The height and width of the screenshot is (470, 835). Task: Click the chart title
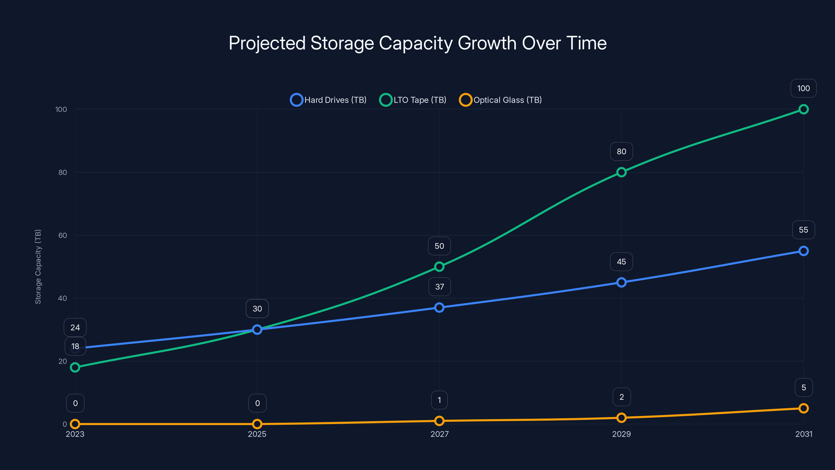click(x=417, y=43)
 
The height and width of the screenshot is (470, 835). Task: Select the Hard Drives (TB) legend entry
click(x=328, y=100)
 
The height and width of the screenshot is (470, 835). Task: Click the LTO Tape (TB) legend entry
click(x=413, y=100)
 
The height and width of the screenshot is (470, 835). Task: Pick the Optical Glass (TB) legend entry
click(x=500, y=100)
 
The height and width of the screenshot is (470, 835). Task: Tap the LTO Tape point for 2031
click(x=803, y=109)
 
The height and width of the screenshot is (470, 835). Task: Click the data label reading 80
click(x=621, y=151)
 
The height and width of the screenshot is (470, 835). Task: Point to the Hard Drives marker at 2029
click(x=621, y=283)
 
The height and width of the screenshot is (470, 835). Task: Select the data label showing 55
click(x=803, y=230)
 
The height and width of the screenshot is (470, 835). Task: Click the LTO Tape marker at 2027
click(x=439, y=267)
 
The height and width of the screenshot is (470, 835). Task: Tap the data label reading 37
click(x=439, y=287)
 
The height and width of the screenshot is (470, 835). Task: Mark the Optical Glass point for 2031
click(x=803, y=408)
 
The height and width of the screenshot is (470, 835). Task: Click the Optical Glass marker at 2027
click(x=439, y=421)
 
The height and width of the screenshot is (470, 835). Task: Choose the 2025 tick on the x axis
click(x=257, y=434)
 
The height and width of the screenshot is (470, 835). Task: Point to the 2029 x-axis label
click(x=621, y=434)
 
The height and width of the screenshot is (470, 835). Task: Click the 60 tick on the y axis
click(x=63, y=236)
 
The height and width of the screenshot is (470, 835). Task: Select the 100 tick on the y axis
click(x=61, y=110)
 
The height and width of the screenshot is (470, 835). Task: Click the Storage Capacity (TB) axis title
click(x=38, y=267)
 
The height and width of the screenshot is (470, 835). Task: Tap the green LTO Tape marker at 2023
click(x=75, y=367)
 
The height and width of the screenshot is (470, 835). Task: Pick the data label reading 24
click(x=75, y=328)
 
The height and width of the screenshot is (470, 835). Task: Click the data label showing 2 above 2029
click(x=621, y=397)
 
